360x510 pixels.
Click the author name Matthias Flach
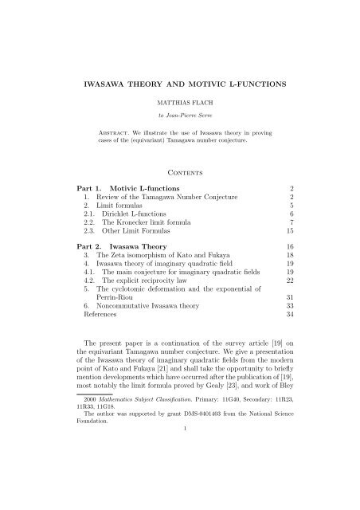179,103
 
